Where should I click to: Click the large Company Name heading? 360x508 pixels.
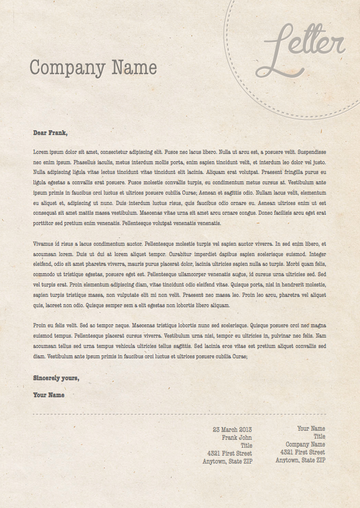93,68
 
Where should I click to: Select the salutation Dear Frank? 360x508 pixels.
50,133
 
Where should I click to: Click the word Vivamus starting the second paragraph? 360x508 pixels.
44,243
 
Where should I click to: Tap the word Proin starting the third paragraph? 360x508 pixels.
40,325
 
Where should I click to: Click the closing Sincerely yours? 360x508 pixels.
56,378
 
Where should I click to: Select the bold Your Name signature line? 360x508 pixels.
49,395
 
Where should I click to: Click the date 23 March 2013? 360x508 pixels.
232,430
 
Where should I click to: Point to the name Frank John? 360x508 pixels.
237,437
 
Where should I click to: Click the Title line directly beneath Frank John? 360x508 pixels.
246,445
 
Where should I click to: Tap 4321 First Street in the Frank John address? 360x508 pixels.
229,453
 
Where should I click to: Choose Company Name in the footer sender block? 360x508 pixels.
305,444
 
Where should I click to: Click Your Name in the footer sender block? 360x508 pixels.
311,428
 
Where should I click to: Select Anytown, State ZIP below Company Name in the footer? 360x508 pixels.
300,461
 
